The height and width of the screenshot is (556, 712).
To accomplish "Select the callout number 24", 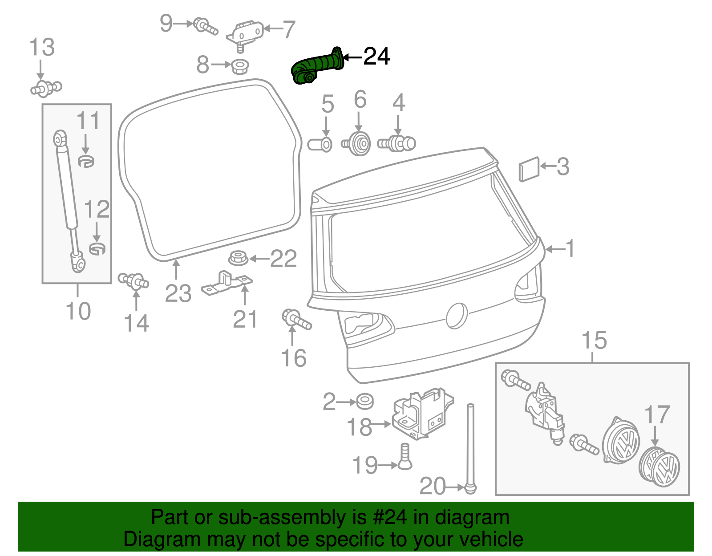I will click(x=376, y=57).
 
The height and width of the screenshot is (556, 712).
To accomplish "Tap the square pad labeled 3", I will click(x=529, y=169).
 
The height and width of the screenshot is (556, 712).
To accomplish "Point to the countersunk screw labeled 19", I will click(x=405, y=457).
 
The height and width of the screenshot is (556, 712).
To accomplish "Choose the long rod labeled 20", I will click(x=470, y=445).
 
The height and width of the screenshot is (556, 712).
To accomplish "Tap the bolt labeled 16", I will click(x=296, y=320).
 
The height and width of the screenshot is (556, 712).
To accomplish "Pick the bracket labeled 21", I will click(x=227, y=283).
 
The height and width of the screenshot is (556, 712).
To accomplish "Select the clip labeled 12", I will click(x=97, y=248).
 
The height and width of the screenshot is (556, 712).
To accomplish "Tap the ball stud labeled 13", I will click(x=46, y=88).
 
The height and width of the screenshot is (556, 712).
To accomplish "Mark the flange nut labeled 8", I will click(x=240, y=67).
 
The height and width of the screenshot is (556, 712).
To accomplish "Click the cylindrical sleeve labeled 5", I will click(x=320, y=145).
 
